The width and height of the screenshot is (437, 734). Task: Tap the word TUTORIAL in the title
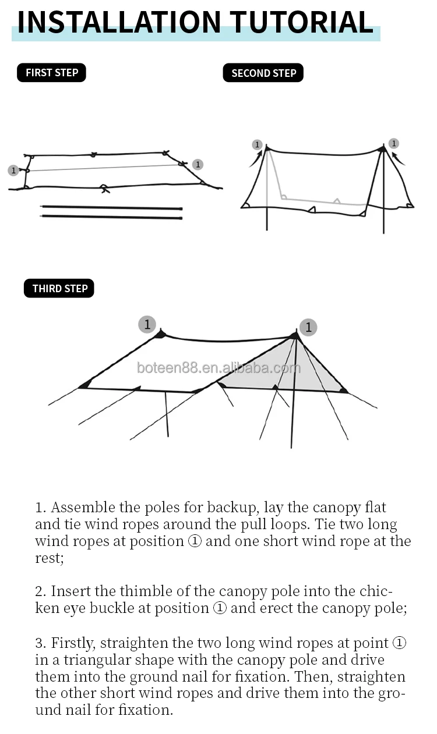[x=301, y=22]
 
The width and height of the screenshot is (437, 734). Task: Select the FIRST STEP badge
[x=51, y=73]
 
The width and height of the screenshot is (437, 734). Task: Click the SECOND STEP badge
[x=263, y=73]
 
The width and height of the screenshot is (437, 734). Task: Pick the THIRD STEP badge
[x=59, y=289]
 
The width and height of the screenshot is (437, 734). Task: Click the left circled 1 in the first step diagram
[x=13, y=171]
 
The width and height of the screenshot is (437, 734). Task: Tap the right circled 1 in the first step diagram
[x=198, y=165]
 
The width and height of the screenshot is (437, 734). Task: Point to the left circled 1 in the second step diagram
[x=257, y=144]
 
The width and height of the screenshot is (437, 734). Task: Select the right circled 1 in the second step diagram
[x=394, y=143]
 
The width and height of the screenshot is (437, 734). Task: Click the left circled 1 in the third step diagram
[x=147, y=324]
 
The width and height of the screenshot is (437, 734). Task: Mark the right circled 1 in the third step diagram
[x=308, y=327]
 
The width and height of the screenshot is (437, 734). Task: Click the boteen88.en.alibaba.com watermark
[x=218, y=368]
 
